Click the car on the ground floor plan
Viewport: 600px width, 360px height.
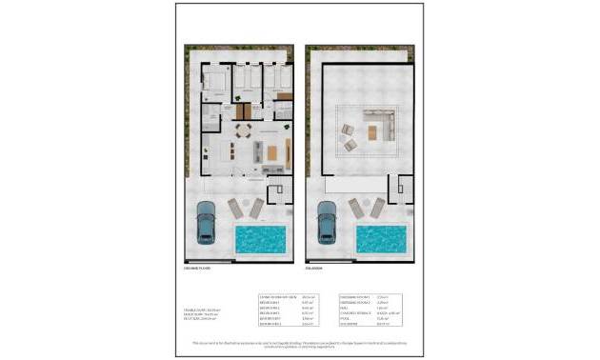[205, 222]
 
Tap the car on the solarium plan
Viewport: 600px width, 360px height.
[327, 221]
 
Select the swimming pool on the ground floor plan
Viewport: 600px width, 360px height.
[260, 238]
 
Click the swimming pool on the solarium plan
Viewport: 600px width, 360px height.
[382, 238]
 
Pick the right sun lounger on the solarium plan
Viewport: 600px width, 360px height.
[377, 208]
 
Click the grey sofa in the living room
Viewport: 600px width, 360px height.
[257, 151]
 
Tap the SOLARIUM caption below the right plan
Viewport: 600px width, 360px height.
[315, 269]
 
